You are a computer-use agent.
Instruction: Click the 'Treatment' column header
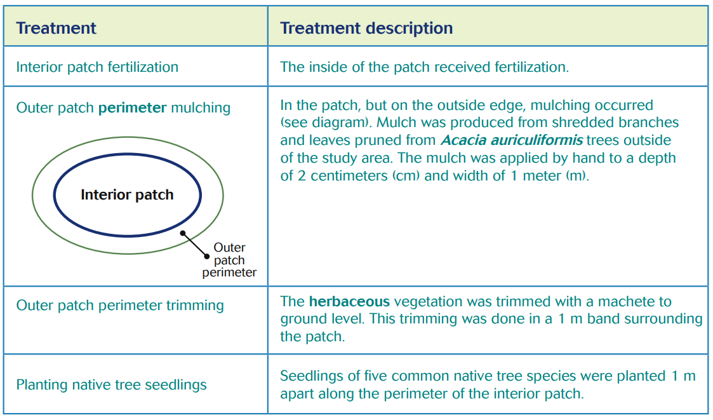coord(56,29)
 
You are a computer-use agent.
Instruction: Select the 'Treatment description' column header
coord(366,29)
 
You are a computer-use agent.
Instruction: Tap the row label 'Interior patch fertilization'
coord(97,67)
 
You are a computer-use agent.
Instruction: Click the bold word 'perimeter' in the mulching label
coord(132,108)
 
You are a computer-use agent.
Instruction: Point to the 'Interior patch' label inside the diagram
coord(127,195)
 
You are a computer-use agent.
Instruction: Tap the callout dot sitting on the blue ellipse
coord(183,233)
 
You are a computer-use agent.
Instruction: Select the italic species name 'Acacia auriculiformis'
coord(511,140)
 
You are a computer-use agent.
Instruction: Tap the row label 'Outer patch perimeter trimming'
coord(120,306)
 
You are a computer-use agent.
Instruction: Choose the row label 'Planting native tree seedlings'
coord(111,385)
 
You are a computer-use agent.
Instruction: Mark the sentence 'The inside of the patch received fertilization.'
coord(424,67)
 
